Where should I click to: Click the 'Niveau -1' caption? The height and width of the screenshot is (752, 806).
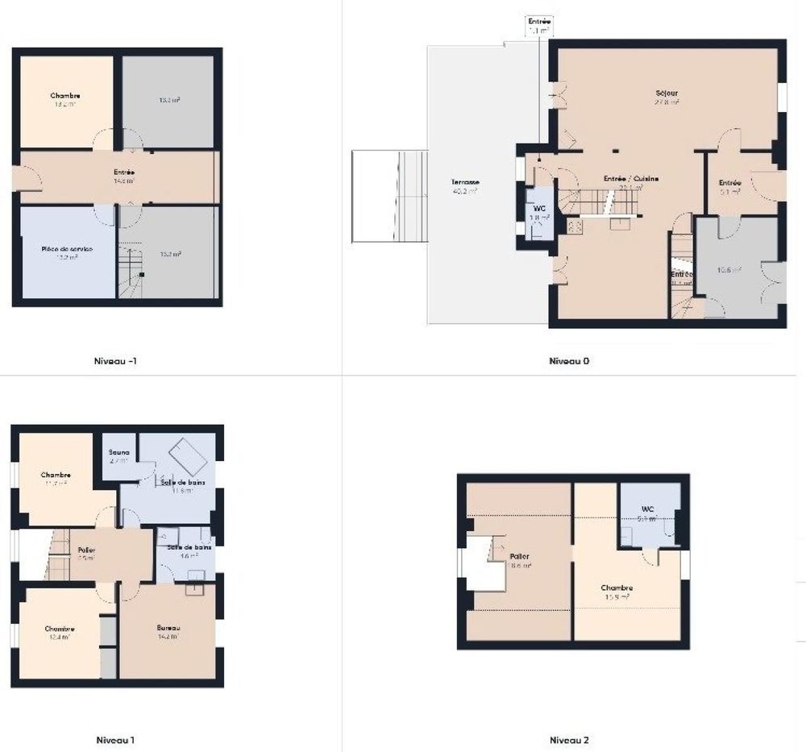tap(116, 361)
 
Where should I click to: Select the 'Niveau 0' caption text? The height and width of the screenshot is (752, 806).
tap(569, 361)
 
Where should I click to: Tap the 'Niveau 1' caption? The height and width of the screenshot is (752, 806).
tap(115, 739)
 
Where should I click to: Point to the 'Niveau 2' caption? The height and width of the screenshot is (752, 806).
tap(569, 739)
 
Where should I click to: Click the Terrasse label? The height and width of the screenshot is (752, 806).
tap(465, 183)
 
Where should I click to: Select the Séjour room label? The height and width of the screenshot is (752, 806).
tap(667, 93)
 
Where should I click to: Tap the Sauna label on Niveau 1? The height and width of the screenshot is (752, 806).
tap(119, 452)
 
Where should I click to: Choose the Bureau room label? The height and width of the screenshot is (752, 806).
tap(168, 628)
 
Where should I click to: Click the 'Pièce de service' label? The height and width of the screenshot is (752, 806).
tap(67, 249)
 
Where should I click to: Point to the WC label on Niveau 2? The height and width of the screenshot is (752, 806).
tap(647, 509)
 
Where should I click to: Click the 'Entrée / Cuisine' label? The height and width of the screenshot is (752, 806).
tap(632, 178)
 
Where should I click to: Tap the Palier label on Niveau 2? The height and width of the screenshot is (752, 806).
tap(520, 556)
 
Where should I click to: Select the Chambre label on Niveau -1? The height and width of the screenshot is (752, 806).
tap(65, 96)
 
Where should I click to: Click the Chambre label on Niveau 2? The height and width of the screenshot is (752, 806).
tap(617, 588)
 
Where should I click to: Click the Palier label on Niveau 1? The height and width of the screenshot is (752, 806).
tap(86, 550)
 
